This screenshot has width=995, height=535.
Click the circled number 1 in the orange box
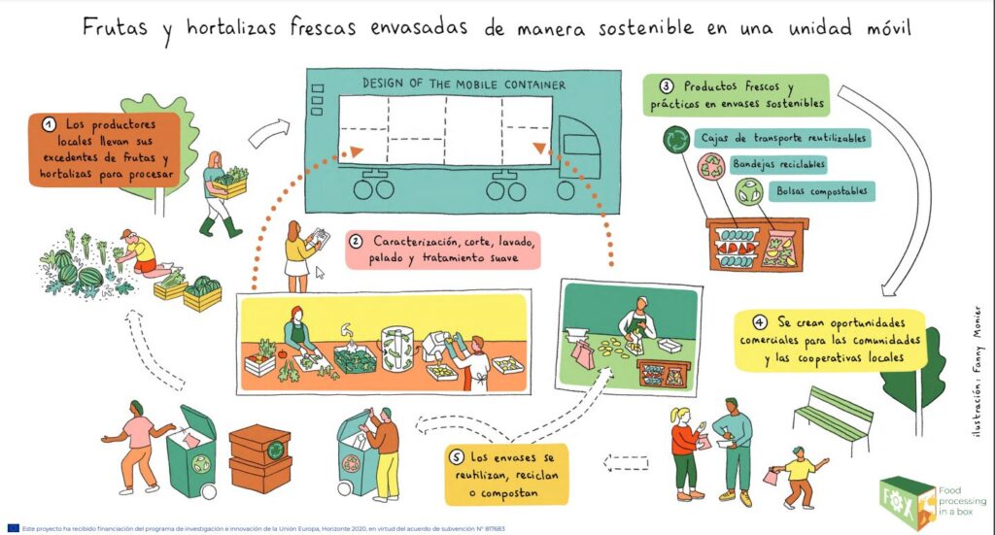click(48, 125)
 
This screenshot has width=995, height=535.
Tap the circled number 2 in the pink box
click(356, 242)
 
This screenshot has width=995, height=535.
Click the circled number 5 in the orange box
click(458, 455)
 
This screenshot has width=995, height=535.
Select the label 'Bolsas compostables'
click(821, 191)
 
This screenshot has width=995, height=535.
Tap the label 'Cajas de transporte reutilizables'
click(782, 138)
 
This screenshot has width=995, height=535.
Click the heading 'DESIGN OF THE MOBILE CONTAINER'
click(463, 84)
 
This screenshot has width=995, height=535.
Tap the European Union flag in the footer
click(12, 528)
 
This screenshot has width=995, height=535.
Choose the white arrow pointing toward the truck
click(269, 133)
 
